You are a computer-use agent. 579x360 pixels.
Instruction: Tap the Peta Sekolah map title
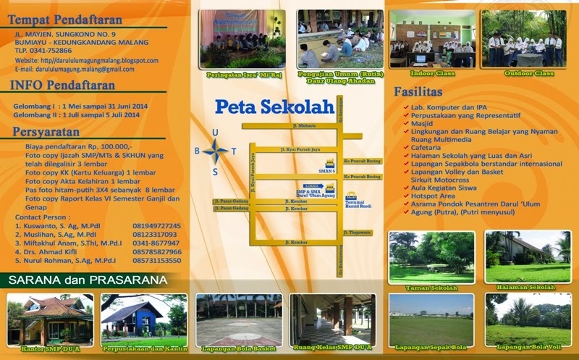274,107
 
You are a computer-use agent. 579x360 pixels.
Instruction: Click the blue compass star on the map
215,151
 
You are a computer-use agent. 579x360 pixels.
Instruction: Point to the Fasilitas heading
418,93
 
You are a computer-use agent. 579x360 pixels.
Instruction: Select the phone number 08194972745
156,226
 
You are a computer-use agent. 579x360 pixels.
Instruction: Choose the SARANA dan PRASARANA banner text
88,280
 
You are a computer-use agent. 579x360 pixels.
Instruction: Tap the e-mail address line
75,69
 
